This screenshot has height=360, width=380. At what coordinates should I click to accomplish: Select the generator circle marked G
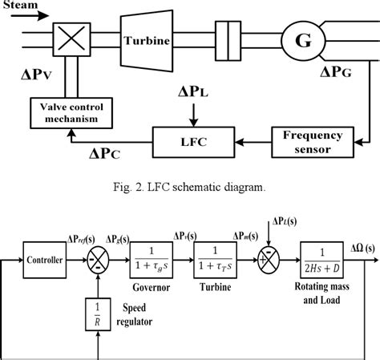tap(304, 39)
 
